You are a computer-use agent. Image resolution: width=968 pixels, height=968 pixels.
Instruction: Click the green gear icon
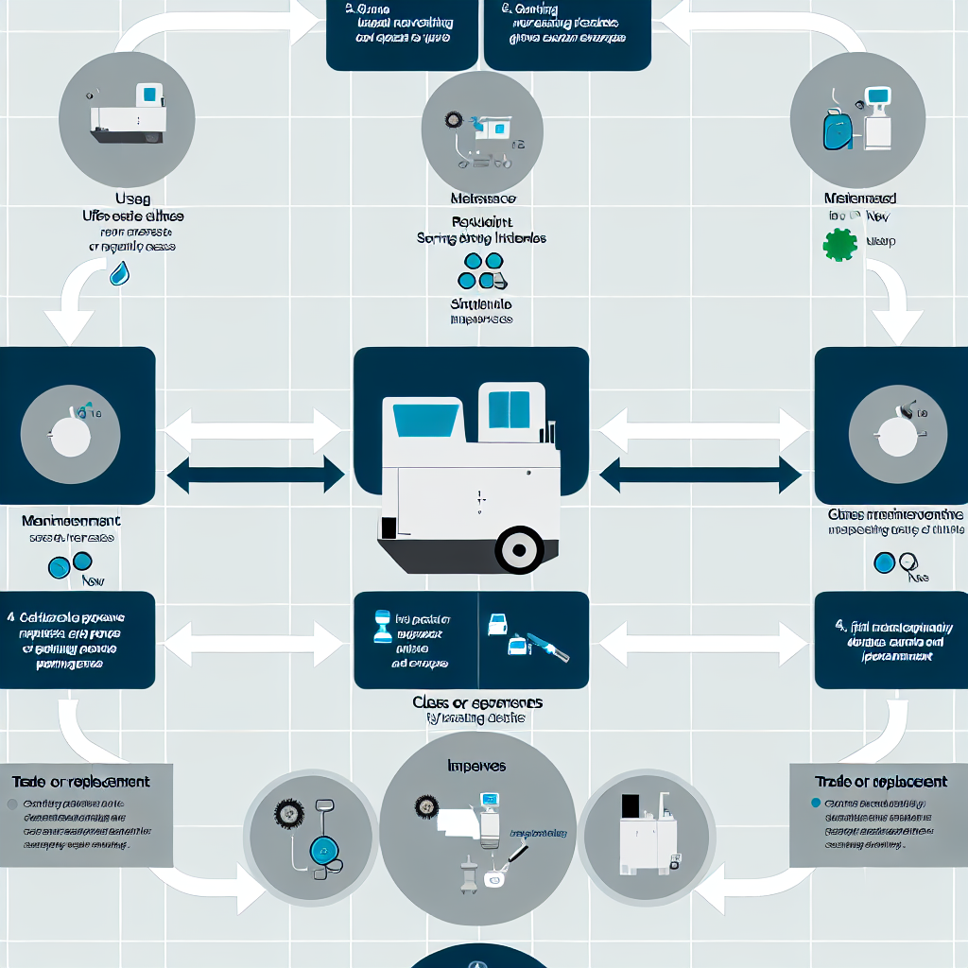(x=839, y=244)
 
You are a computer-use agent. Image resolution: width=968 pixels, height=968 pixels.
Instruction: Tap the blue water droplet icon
(x=120, y=273)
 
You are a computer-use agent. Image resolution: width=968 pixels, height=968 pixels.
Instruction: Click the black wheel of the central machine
(x=519, y=550)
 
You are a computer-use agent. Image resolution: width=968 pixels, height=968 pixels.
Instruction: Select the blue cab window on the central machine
(x=509, y=409)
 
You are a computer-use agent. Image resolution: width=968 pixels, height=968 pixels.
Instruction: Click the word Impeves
(x=476, y=765)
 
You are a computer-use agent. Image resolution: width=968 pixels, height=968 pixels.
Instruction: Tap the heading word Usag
(x=133, y=199)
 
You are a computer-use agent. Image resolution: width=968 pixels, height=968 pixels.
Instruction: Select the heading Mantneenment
(x=71, y=521)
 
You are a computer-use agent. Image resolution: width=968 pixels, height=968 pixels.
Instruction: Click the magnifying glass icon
(x=909, y=563)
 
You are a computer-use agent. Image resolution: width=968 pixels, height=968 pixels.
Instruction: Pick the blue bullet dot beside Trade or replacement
(x=816, y=804)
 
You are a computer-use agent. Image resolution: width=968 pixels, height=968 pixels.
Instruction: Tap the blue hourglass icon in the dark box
(x=382, y=626)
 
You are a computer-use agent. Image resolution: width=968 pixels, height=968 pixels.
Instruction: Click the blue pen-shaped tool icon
(x=548, y=648)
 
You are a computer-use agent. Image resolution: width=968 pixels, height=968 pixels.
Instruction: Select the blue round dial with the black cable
(x=324, y=851)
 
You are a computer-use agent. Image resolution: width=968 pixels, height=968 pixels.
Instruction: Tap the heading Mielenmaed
(x=860, y=199)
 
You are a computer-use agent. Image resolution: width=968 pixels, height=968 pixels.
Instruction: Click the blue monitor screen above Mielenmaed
(x=878, y=95)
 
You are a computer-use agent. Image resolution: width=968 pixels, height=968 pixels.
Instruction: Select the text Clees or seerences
(x=477, y=703)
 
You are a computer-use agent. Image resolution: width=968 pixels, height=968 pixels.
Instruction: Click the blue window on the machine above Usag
(x=149, y=94)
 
